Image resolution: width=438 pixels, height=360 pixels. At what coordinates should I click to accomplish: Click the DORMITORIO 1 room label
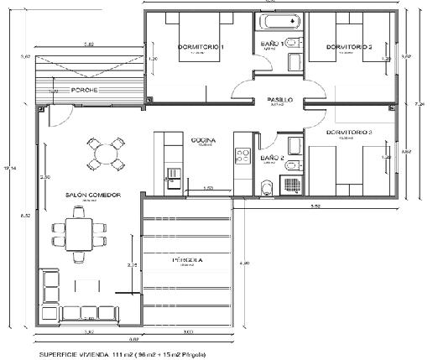(x=201, y=47)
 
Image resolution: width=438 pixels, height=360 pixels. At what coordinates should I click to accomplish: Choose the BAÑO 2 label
(x=273, y=157)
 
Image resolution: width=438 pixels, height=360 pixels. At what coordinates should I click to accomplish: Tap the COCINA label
(x=204, y=139)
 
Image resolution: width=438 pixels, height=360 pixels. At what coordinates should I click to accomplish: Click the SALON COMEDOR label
(x=93, y=195)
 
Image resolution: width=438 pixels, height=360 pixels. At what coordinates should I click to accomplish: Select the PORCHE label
(x=83, y=90)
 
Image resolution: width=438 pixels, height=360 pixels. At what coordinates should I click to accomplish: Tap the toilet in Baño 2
(x=266, y=186)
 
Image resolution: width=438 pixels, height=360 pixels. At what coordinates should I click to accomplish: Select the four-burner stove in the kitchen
(x=244, y=154)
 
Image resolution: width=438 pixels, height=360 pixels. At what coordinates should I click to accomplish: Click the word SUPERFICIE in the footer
(x=60, y=354)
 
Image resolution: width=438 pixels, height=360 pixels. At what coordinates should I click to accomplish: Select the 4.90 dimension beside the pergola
(x=244, y=265)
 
